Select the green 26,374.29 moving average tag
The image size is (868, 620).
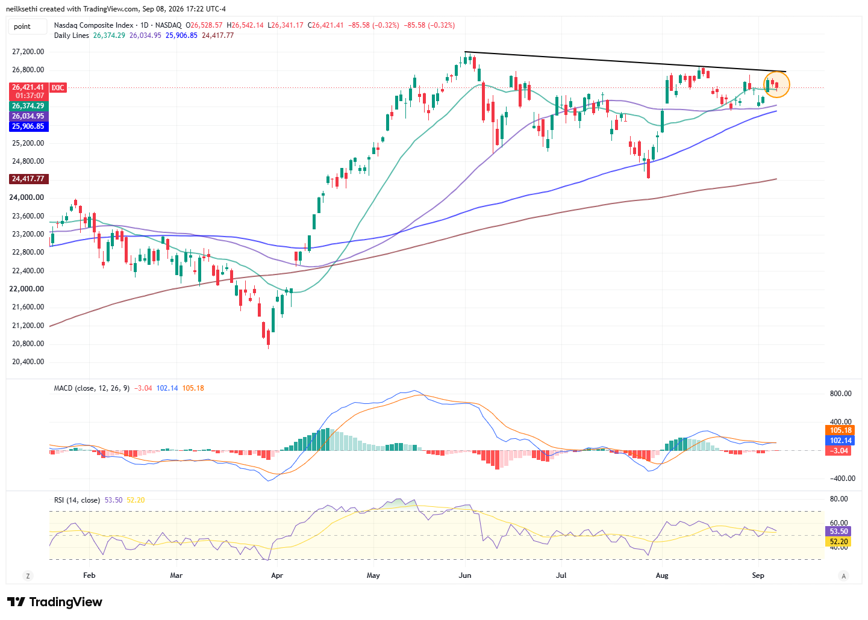(x=29, y=106)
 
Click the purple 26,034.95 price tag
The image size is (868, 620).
(x=29, y=116)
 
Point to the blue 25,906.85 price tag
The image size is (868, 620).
(x=29, y=126)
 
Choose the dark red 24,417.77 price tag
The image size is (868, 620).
(x=29, y=179)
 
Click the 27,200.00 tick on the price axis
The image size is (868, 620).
(x=28, y=52)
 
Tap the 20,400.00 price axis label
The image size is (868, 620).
(x=28, y=362)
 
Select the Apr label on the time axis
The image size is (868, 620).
(x=277, y=576)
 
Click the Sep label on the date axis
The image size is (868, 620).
(x=758, y=576)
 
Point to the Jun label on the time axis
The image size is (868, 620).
(x=465, y=576)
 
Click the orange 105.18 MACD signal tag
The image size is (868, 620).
(x=840, y=430)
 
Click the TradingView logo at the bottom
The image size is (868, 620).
(x=55, y=602)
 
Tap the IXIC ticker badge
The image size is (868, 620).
(x=58, y=88)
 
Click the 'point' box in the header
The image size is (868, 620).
(x=28, y=26)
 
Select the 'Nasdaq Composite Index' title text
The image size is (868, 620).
(x=93, y=25)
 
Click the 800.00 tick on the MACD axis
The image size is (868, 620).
(x=840, y=394)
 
